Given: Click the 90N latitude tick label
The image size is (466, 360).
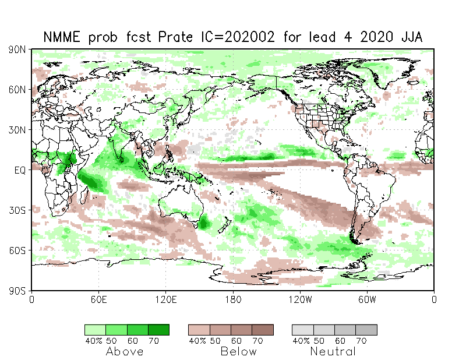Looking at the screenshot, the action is tap(17, 50).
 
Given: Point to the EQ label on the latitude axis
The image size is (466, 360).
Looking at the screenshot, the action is tap(20, 170).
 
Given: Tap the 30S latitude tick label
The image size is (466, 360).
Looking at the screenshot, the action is tap(17, 210).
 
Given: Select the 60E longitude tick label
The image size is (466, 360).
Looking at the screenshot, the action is tap(98, 299).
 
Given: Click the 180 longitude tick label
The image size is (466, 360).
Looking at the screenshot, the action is tap(233, 299).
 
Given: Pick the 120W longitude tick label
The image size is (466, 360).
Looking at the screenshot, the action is tap(300, 299).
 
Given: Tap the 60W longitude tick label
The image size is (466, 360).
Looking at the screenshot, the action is tap(367, 299).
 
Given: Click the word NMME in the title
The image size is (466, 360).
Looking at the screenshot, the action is tap(62, 37).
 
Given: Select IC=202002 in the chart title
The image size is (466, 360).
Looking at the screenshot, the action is tap(238, 37).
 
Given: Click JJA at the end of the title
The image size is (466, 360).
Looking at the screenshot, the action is tap(412, 37).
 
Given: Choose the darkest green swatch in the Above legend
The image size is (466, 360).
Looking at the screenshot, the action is tap(158, 330).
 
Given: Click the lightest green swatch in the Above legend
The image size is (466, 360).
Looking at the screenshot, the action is tap(95, 330).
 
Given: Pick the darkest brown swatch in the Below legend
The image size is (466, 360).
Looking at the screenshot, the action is tap(263, 330).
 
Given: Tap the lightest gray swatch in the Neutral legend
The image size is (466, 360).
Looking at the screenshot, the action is tap(302, 330).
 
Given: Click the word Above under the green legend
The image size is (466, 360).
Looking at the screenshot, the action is tap(125, 351).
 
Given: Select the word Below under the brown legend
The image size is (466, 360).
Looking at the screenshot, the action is tap(239, 351).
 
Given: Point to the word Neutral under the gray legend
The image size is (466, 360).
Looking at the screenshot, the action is tap(333, 351).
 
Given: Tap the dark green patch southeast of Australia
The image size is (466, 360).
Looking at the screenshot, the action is tap(203, 223).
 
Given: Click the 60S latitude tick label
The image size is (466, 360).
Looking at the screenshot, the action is tap(17, 250).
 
